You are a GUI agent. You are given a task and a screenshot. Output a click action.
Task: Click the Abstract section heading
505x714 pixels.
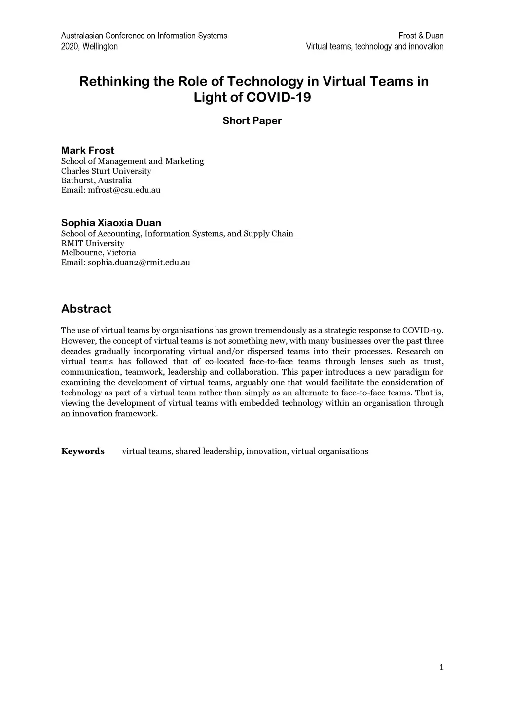click(86, 309)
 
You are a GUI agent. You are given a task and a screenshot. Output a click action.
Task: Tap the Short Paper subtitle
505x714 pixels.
click(252, 121)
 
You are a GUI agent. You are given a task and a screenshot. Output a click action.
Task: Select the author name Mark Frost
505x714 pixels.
click(87, 150)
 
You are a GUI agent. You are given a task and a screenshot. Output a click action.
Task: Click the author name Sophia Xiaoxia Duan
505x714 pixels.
click(111, 223)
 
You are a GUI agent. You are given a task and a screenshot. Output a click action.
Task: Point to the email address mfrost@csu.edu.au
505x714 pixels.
click(124, 190)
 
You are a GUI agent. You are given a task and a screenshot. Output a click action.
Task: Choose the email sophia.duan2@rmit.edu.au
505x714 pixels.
click(139, 262)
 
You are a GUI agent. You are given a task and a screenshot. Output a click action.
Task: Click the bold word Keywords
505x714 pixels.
click(82, 451)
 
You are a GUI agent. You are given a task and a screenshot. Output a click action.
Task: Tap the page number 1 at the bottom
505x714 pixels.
click(441, 668)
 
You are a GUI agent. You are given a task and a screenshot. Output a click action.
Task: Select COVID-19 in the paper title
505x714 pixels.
click(279, 97)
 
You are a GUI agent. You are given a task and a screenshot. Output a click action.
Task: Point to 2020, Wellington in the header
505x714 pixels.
click(89, 46)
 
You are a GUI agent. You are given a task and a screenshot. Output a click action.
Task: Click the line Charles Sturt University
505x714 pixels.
click(106, 171)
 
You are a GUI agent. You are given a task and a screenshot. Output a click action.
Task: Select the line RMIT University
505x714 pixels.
click(93, 243)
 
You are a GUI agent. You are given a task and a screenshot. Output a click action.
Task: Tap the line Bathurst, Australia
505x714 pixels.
click(96, 180)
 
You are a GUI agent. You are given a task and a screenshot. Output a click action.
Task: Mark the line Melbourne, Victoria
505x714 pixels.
click(98, 252)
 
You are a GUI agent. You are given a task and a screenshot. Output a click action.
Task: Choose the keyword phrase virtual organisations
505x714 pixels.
click(329, 451)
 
